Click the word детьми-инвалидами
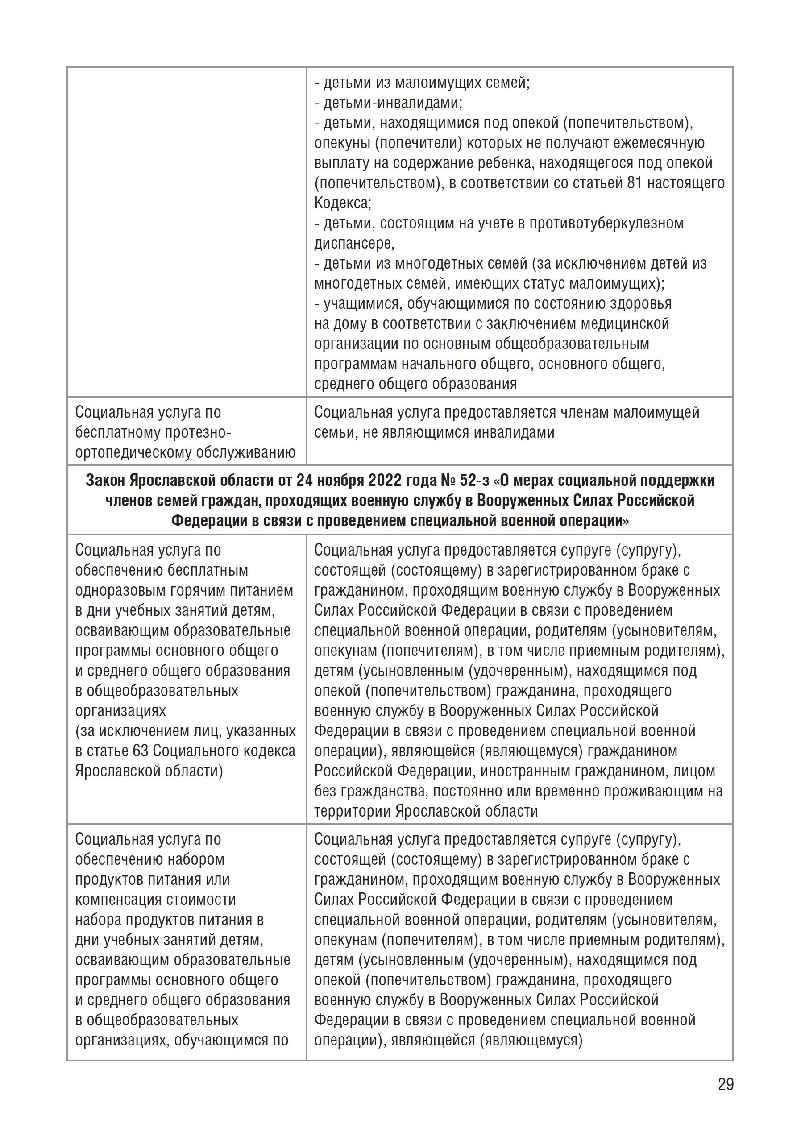[x=392, y=103]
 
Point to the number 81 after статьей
[x=634, y=183]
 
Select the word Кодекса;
[x=343, y=203]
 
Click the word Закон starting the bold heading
[x=106, y=481]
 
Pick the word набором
[x=196, y=860]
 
